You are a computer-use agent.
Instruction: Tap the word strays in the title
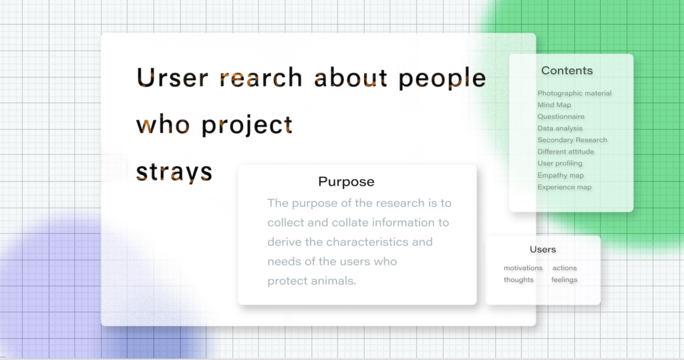pyautogui.click(x=174, y=171)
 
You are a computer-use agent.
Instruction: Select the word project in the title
pyautogui.click(x=246, y=126)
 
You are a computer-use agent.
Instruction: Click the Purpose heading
pyautogui.click(x=346, y=182)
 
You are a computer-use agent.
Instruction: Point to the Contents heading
pyautogui.click(x=566, y=71)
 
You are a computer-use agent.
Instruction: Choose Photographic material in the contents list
pyautogui.click(x=574, y=94)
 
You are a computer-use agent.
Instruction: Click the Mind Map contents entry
pyautogui.click(x=554, y=105)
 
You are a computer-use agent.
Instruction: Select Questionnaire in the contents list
pyautogui.click(x=560, y=116)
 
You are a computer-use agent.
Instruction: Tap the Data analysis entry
pyautogui.click(x=560, y=128)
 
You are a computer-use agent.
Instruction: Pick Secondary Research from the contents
pyautogui.click(x=572, y=140)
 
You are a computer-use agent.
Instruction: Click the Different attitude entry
pyautogui.click(x=565, y=152)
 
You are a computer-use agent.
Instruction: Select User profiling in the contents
pyautogui.click(x=560, y=163)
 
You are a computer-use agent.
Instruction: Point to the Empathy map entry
pyautogui.click(x=560, y=176)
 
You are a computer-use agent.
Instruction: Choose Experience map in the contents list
pyautogui.click(x=564, y=187)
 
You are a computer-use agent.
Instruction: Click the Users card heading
pyautogui.click(x=542, y=249)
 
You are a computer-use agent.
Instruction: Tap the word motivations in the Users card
pyautogui.click(x=523, y=268)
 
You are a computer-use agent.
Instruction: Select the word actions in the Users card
pyautogui.click(x=564, y=268)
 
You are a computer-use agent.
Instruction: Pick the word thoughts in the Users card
pyautogui.click(x=518, y=280)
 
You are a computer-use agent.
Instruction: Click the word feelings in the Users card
pyautogui.click(x=564, y=280)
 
